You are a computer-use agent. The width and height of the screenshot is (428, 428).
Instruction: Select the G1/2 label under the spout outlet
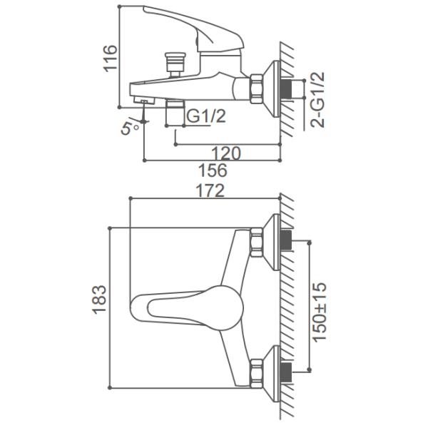[206, 116]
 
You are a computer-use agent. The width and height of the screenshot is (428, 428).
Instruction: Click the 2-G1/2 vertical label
[320, 99]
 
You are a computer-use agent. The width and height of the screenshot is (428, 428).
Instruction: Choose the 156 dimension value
[213, 171]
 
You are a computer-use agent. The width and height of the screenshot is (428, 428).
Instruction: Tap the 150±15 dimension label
[321, 307]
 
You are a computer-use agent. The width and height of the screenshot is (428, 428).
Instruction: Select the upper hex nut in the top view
[256, 240]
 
